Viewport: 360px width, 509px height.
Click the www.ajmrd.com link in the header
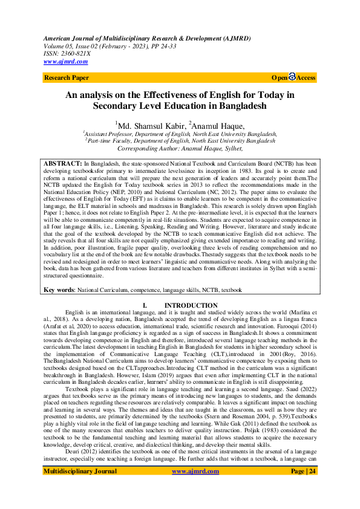[x=66, y=61]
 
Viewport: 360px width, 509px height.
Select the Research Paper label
[x=67, y=77]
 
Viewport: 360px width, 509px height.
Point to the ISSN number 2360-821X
[x=75, y=53]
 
